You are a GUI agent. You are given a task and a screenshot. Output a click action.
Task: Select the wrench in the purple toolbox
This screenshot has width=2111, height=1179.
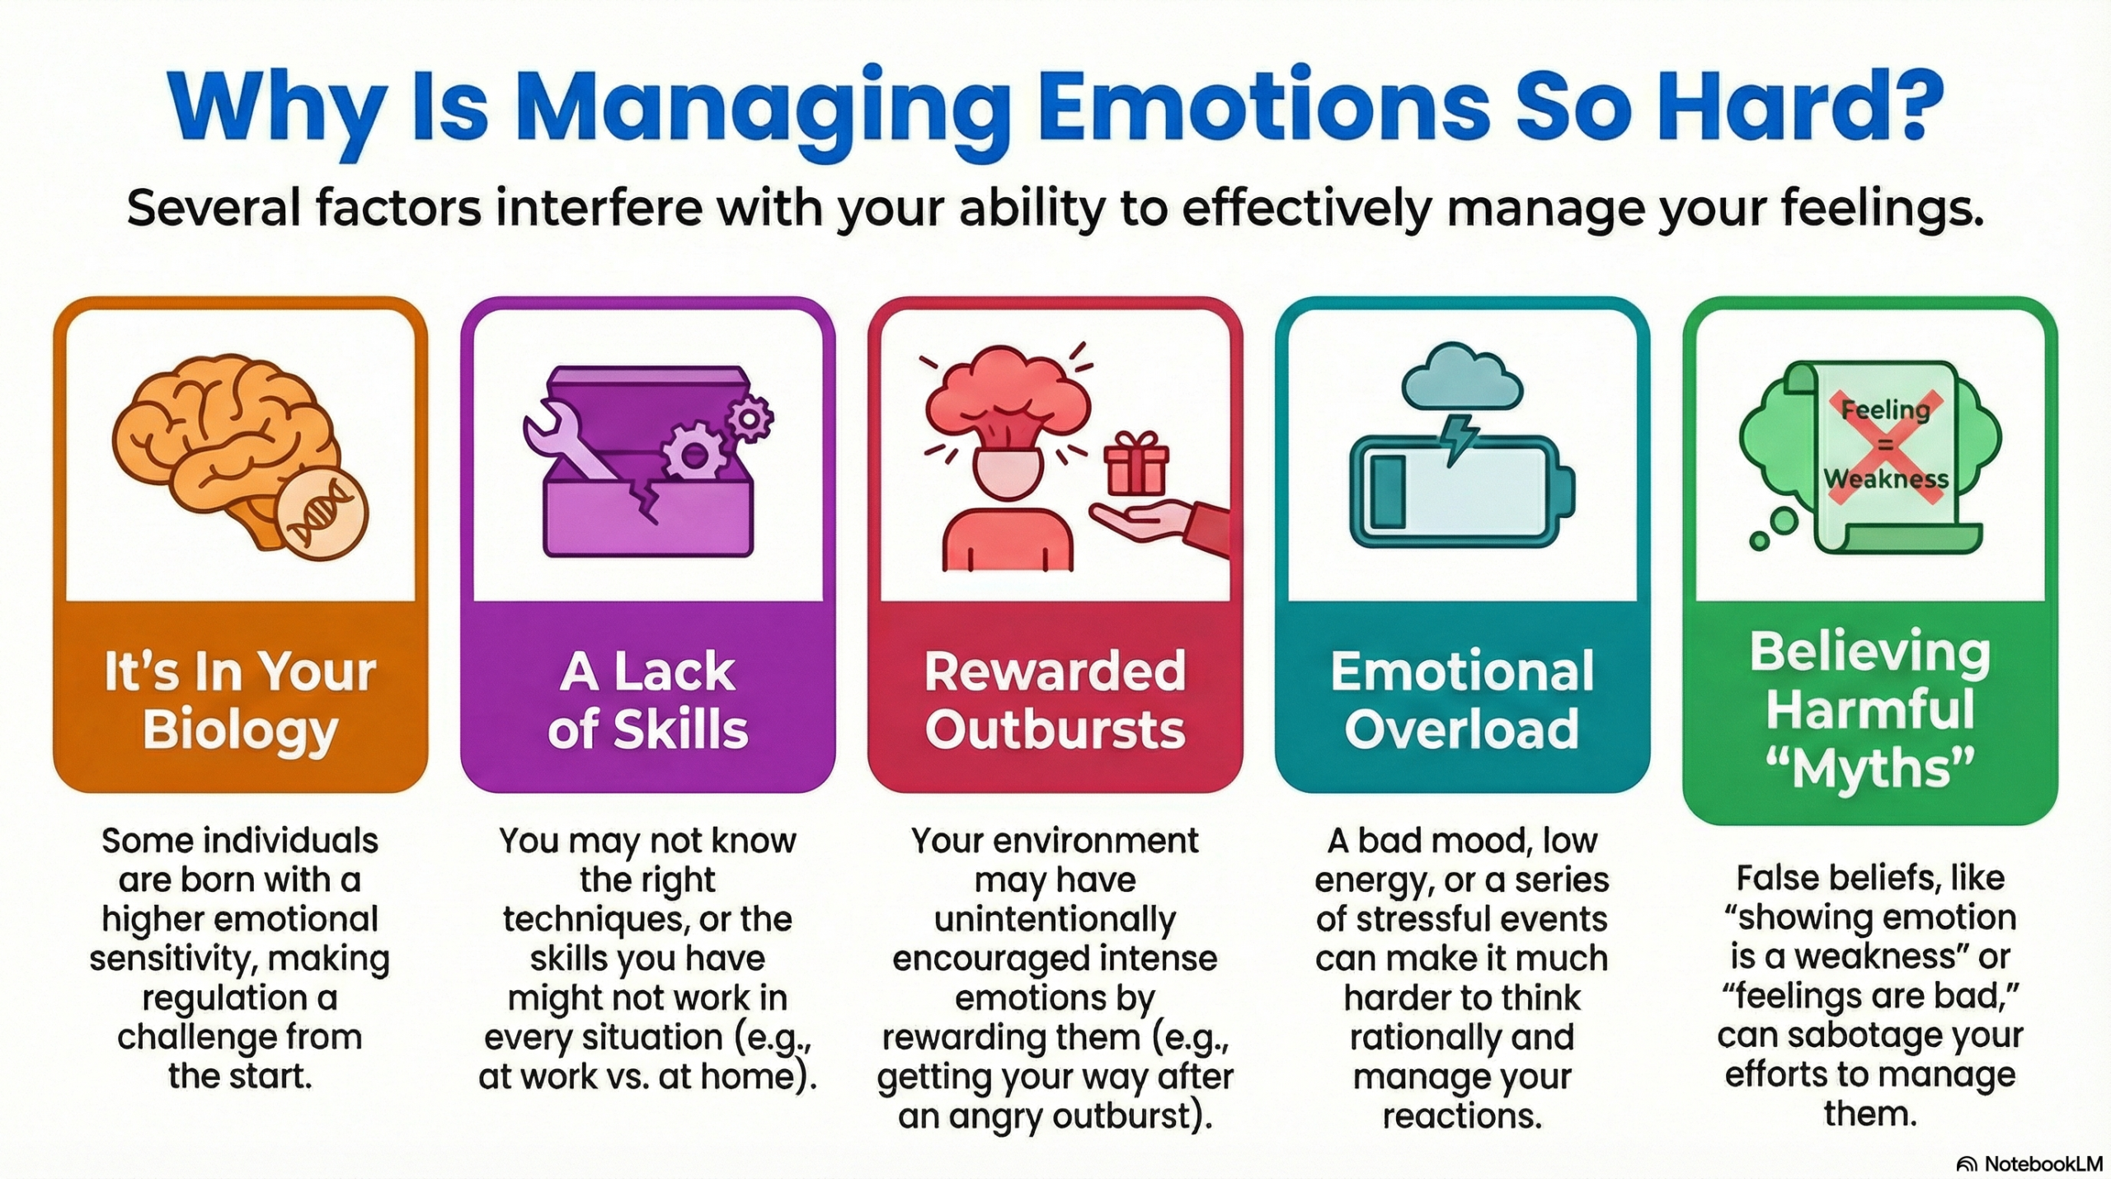(x=569, y=441)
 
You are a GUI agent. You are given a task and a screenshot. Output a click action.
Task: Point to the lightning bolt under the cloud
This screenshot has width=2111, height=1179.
(x=1460, y=439)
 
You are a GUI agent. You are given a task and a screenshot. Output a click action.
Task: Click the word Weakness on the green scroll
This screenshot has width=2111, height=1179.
(x=1885, y=479)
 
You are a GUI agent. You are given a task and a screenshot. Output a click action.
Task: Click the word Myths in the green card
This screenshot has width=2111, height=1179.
(x=1870, y=769)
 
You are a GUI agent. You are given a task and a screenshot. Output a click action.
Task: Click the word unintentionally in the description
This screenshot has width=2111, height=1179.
(x=1055, y=919)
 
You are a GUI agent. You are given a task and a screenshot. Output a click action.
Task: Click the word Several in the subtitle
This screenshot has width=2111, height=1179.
(x=213, y=208)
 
